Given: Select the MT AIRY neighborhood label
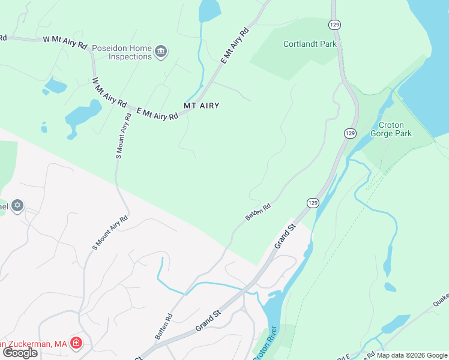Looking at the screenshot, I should [201, 106].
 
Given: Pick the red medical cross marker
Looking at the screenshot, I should [76, 344].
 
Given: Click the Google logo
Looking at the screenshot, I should [20, 353].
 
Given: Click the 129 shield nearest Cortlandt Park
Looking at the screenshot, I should [334, 24].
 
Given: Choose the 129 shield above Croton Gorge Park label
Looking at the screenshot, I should [351, 132].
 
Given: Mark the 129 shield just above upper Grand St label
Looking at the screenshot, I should [313, 203].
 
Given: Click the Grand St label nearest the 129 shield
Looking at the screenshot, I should [286, 236].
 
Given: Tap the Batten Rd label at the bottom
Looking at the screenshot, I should [164, 327].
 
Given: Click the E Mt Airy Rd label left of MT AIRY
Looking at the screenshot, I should [158, 113].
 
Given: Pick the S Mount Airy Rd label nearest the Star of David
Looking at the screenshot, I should [110, 232].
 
